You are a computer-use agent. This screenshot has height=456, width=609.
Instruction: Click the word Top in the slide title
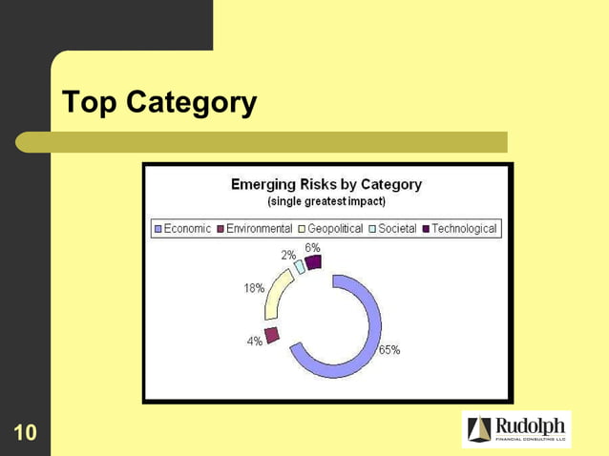(x=90, y=102)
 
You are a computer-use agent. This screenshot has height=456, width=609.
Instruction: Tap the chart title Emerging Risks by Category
(x=326, y=184)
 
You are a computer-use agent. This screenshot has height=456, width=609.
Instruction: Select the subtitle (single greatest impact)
(x=326, y=201)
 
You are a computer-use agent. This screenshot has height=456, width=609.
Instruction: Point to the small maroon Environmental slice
(x=272, y=334)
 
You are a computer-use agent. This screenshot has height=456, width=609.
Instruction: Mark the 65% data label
(x=389, y=350)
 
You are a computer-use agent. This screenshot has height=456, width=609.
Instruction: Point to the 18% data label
(x=253, y=288)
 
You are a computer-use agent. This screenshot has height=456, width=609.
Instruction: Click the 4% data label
(x=255, y=342)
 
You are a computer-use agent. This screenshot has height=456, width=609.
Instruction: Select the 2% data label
(x=287, y=256)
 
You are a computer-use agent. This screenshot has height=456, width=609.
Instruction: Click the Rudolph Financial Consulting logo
(x=515, y=429)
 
